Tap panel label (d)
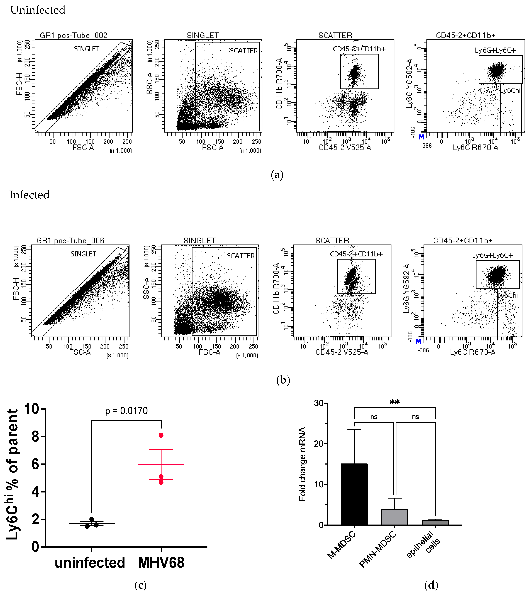point(431,585)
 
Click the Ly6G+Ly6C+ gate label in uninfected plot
point(495,50)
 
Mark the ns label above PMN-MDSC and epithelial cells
point(415,417)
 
